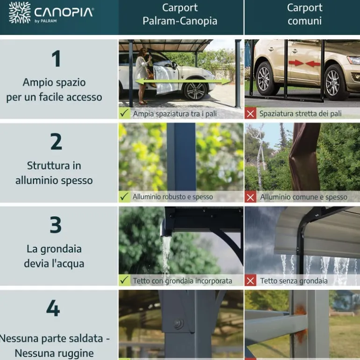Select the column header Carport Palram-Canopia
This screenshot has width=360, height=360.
(180, 14)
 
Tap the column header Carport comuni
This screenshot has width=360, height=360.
(304, 14)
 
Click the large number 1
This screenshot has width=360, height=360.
(56, 59)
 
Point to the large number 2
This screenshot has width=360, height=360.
(56, 142)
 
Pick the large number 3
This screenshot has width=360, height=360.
(56, 225)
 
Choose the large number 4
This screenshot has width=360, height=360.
(53, 309)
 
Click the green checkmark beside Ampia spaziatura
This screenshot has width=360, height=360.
(124, 113)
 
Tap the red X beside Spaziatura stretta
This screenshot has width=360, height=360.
(251, 114)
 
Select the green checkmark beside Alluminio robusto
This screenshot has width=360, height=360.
(124, 197)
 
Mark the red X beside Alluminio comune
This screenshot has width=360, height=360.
(251, 197)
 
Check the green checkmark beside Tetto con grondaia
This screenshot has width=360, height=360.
(124, 281)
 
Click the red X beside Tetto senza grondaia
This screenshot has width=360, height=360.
(251, 281)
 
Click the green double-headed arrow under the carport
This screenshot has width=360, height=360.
(183, 81)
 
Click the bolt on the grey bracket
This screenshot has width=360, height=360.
(178, 324)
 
